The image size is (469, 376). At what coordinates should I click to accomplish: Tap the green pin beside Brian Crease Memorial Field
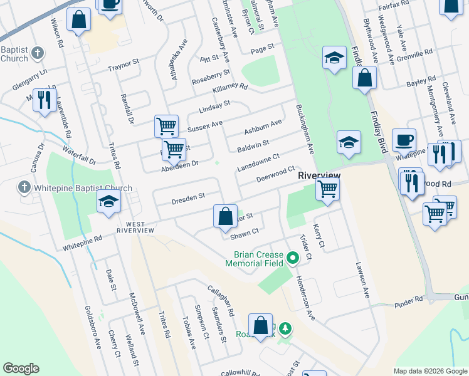click(292, 258)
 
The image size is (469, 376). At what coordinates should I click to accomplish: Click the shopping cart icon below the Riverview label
click(328, 189)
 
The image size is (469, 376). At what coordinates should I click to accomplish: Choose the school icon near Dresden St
click(108, 202)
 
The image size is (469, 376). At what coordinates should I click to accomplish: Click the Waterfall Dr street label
click(79, 155)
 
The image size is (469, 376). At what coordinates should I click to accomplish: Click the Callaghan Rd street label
click(221, 300)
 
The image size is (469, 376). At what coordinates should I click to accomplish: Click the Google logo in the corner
click(21, 368)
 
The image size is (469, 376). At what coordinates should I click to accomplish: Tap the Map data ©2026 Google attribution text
click(429, 370)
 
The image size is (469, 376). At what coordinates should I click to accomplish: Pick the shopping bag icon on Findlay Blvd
click(364, 78)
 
